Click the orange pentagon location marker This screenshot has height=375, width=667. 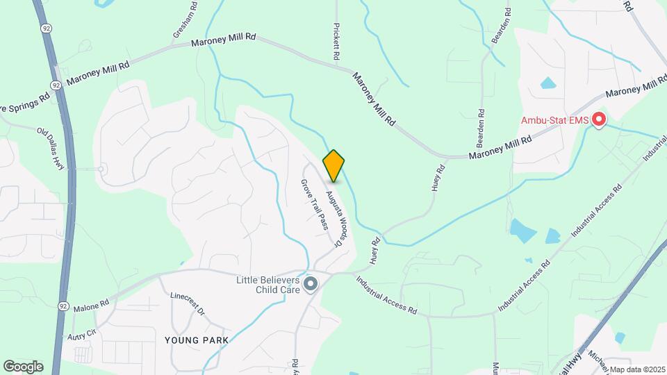(334, 166)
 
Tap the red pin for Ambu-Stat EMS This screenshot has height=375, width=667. (598, 120)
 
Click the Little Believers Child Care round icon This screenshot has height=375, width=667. (311, 284)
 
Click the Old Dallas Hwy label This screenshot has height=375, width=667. (51, 144)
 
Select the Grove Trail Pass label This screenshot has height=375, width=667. (314, 204)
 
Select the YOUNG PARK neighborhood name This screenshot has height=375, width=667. (196, 340)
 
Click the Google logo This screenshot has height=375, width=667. (23, 367)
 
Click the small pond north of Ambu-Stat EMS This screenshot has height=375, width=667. (549, 84)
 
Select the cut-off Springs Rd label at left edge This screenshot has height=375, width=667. (25, 97)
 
